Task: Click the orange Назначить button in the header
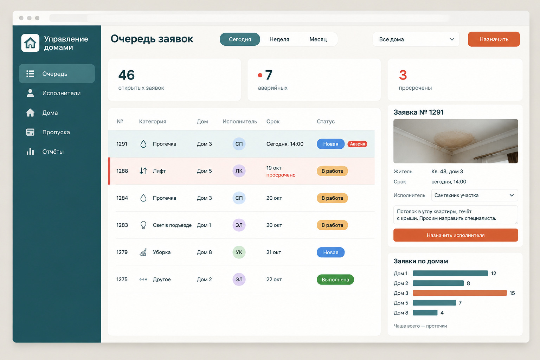point(494,39)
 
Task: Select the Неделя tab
point(279,39)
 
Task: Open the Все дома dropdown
point(416,39)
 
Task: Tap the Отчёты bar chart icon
point(30,152)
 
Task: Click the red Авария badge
point(357,144)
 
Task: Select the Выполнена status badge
point(335,279)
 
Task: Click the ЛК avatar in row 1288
point(239,171)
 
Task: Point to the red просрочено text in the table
point(281,175)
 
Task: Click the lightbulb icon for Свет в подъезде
point(143,225)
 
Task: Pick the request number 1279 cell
point(122,252)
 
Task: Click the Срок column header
point(273,121)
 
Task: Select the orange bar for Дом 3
point(460,293)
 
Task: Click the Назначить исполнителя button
point(456,235)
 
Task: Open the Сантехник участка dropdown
point(474,195)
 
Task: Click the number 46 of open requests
point(126,75)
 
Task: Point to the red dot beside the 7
point(260,75)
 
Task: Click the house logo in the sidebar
point(30,43)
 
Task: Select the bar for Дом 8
point(425,313)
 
